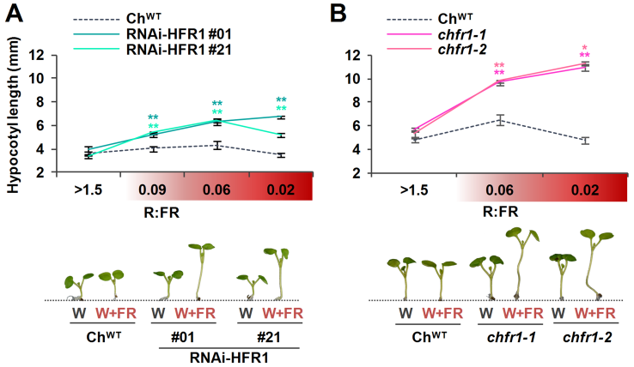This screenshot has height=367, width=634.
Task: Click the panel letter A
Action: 12,10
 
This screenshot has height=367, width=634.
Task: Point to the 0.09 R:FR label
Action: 153,188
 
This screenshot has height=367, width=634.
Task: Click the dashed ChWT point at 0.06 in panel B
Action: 498,120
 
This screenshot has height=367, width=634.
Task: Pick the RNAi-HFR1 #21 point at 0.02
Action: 281,135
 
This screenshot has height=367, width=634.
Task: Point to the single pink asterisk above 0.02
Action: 585,48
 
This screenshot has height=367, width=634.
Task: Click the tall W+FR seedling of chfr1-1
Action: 518,262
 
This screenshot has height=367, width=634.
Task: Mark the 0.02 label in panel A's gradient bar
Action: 281,188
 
